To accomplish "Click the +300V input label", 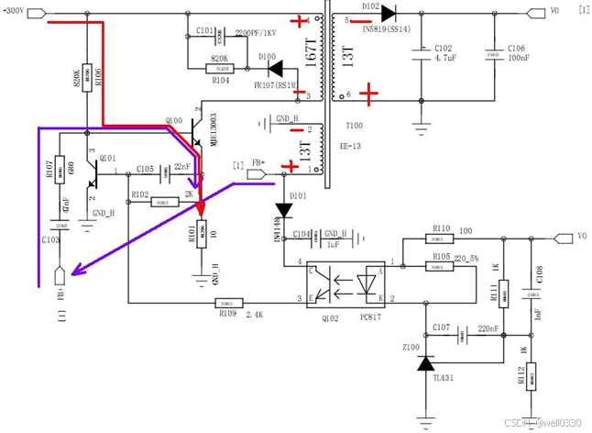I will click(19, 13).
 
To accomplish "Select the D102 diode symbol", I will click(389, 13).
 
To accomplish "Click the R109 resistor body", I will click(227, 302).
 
